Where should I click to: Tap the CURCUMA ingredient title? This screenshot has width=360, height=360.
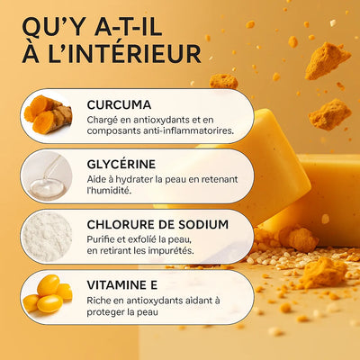tap(120, 104)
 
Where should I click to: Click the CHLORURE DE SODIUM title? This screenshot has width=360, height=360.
tap(157, 225)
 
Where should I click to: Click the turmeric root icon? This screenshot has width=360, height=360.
tap(47, 115)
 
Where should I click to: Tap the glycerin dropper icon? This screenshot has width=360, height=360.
tap(47, 175)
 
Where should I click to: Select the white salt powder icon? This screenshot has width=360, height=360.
tap(47, 236)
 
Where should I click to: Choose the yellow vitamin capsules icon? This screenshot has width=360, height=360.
tap(47, 296)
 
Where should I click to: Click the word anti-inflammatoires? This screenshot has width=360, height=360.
tap(175, 131)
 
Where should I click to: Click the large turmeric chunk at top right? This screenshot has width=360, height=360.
tap(326, 61)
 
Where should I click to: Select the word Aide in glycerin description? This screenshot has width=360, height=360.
tap(99, 179)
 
